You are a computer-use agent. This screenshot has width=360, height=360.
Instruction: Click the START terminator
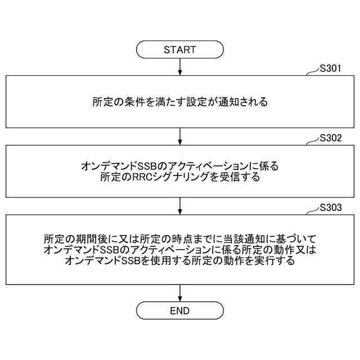click(x=180, y=49)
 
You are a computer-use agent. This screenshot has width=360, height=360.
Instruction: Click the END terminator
click(x=180, y=311)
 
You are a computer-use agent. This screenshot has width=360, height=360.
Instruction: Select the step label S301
click(x=330, y=69)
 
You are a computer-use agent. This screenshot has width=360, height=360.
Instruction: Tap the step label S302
click(x=330, y=138)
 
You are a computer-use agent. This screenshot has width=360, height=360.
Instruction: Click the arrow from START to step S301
click(x=180, y=66)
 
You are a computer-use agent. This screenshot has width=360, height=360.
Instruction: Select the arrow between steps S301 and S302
click(x=180, y=136)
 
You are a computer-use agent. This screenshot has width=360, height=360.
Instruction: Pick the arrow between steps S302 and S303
click(x=180, y=205)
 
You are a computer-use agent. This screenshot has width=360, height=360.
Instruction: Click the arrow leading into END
click(x=180, y=292)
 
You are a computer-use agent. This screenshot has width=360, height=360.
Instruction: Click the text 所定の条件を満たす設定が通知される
click(x=180, y=102)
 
